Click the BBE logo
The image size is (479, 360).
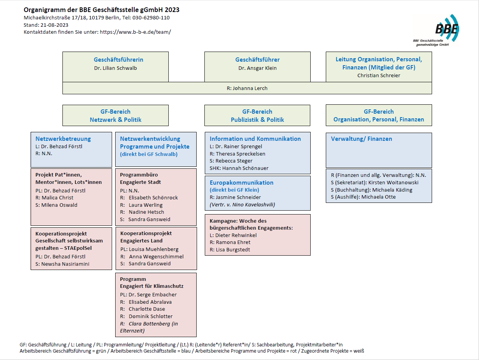click(x=446, y=29)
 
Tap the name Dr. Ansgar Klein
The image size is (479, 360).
click(x=257, y=68)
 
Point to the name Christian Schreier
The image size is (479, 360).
click(x=379, y=76)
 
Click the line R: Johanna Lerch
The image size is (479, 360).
click(x=247, y=88)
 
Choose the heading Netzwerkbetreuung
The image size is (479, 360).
click(x=63, y=138)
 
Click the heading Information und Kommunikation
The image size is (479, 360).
click(x=255, y=138)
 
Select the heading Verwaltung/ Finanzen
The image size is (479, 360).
click(x=361, y=138)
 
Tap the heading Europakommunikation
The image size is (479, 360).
click(x=241, y=182)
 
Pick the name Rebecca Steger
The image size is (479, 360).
click(x=234, y=161)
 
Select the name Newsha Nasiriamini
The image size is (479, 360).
click(x=67, y=264)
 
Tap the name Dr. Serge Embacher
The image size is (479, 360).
click(x=152, y=294)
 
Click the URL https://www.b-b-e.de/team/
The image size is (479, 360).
click(x=135, y=32)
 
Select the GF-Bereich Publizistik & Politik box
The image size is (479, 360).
click(x=257, y=116)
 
